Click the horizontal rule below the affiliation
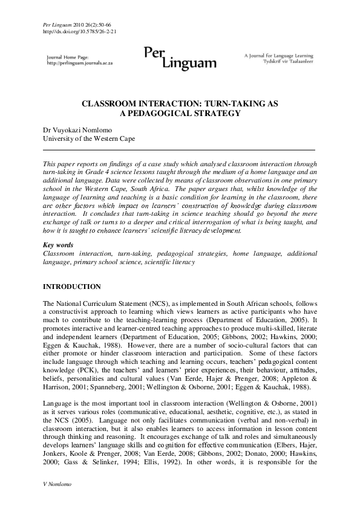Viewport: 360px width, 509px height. [x=180, y=149]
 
